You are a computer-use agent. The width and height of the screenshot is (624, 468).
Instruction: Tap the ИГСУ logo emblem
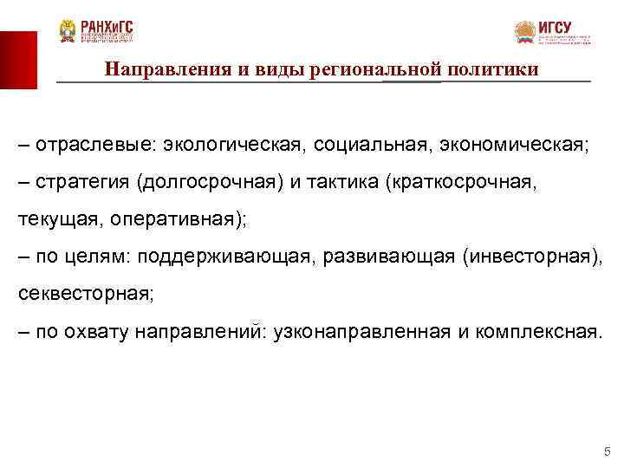(525, 33)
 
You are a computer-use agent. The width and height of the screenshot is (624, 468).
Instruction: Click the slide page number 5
(607, 452)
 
